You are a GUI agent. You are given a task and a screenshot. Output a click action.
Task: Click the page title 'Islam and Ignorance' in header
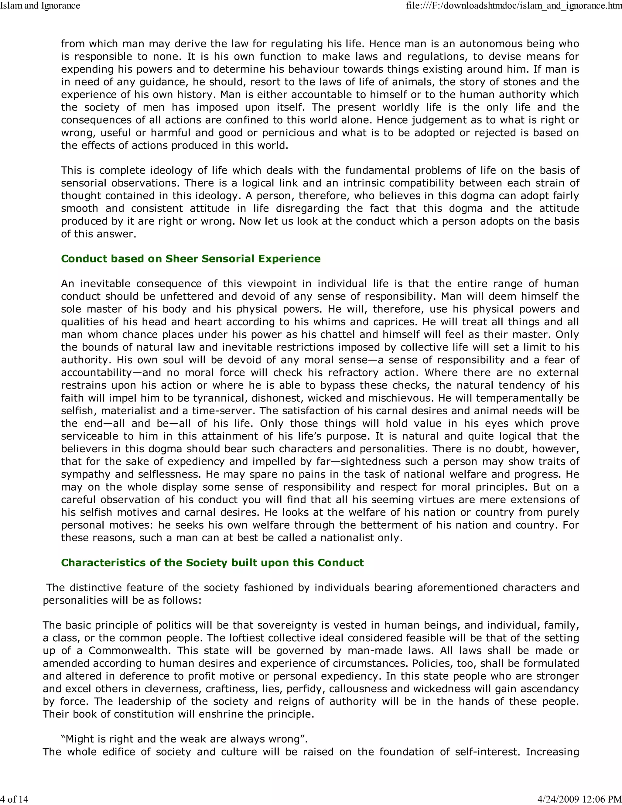[x=40, y=5]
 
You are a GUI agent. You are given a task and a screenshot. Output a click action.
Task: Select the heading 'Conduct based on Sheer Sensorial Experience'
[x=190, y=259]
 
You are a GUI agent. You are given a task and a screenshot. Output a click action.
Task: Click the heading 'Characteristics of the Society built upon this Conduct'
[x=212, y=563]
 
